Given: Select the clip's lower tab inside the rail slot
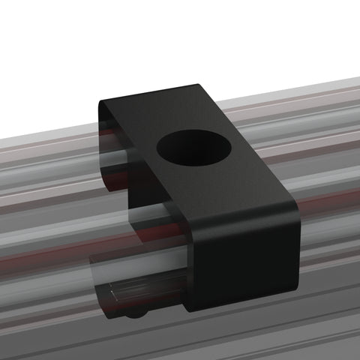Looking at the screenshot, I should [142, 296].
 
